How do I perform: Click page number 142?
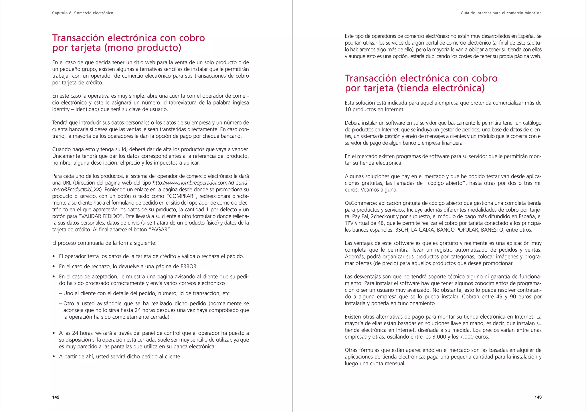coord(56,397)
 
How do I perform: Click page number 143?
coord(538,397)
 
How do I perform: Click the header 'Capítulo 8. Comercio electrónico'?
coord(83,13)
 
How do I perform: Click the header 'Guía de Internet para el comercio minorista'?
coord(501,13)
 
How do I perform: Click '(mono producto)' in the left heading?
coord(143,48)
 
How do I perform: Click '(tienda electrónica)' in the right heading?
coord(441,88)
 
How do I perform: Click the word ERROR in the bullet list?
coord(189,267)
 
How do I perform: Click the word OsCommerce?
coord(360,203)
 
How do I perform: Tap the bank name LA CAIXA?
coord(422,230)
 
